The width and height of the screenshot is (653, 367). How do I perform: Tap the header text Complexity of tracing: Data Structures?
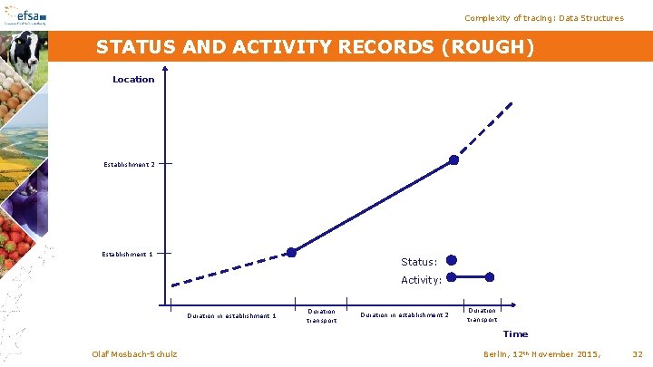[543, 18]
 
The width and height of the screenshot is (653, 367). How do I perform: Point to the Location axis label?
[133, 80]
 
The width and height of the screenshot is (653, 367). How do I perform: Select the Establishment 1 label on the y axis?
[127, 254]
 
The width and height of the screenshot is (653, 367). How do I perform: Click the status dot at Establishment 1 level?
[291, 252]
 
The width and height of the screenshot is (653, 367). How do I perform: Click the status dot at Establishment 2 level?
[453, 159]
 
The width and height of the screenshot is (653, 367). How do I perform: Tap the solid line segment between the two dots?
[372, 206]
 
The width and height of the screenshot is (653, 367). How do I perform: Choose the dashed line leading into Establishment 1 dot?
[231, 269]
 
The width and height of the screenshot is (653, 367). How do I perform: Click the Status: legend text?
[419, 262]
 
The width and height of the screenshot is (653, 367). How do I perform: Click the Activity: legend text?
[421, 280]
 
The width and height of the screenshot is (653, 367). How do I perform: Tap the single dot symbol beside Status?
[452, 259]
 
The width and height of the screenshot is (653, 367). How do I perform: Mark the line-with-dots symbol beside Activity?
[471, 276]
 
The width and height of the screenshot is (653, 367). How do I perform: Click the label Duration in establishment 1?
[231, 316]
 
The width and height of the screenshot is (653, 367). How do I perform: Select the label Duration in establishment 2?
[404, 315]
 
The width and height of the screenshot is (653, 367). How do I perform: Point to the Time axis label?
[515, 333]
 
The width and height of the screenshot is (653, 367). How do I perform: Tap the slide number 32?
[637, 353]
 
